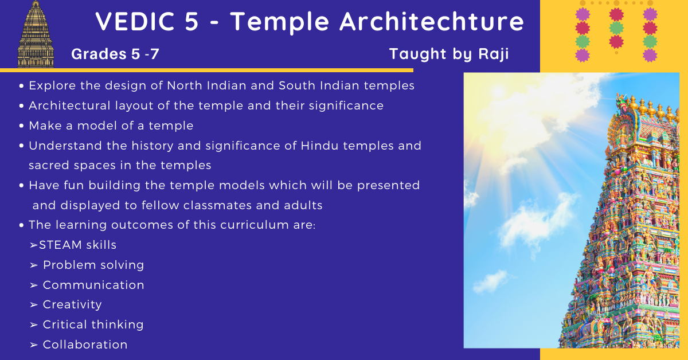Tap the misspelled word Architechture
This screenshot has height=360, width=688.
(x=432, y=22)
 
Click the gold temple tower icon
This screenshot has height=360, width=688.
(x=36, y=34)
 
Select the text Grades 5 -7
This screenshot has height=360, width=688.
(x=115, y=54)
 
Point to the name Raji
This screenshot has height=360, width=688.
(x=494, y=54)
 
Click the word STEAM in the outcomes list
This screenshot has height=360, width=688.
(x=61, y=245)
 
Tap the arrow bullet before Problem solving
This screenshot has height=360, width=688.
(x=34, y=265)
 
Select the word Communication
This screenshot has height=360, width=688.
(x=93, y=285)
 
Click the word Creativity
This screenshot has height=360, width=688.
(x=72, y=305)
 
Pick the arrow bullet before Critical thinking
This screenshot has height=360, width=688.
(x=34, y=324)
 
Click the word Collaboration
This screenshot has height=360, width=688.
(x=85, y=345)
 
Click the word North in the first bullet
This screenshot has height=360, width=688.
(x=185, y=85)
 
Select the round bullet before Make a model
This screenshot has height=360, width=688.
(x=21, y=126)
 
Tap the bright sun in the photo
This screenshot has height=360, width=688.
(x=498, y=91)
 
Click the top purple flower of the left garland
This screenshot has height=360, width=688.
(x=583, y=14)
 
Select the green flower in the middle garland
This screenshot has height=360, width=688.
(x=616, y=28)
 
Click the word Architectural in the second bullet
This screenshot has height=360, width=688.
(x=69, y=105)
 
